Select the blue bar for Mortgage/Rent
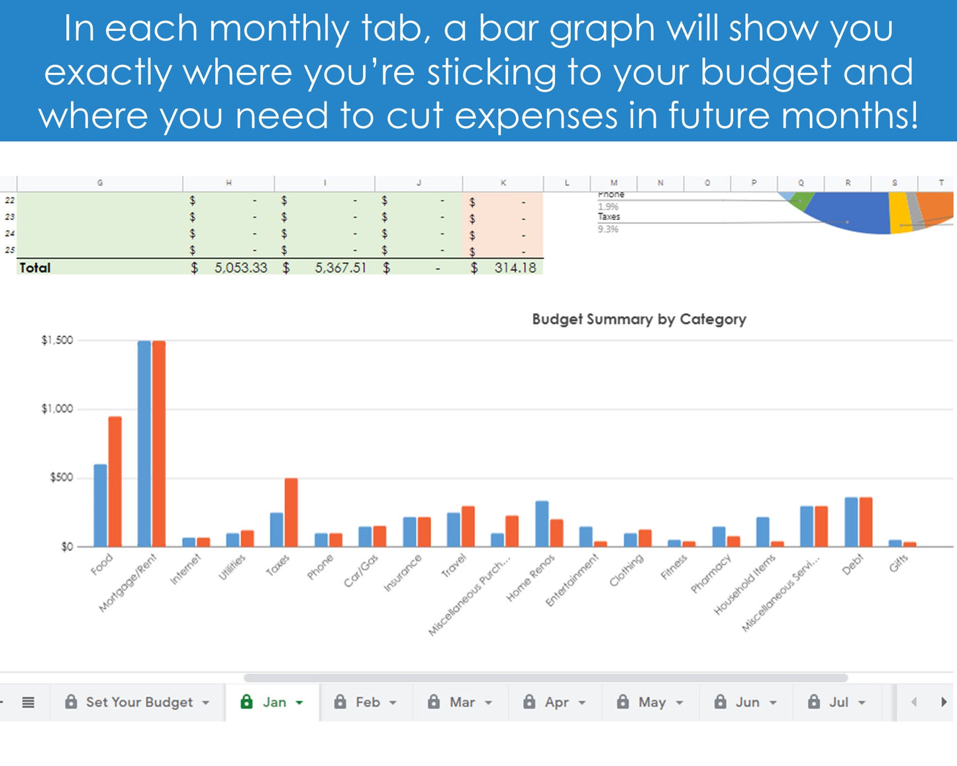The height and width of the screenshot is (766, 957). click(144, 444)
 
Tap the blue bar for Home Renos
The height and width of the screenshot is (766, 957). click(542, 524)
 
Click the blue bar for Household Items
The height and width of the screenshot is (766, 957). click(762, 532)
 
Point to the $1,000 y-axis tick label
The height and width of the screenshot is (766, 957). click(57, 409)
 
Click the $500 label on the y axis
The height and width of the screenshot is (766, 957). click(61, 478)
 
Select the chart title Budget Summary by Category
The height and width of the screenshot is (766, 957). click(638, 319)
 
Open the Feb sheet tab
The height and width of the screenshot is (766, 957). click(368, 702)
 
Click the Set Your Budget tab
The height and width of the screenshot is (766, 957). click(139, 702)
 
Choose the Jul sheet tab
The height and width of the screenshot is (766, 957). click(838, 702)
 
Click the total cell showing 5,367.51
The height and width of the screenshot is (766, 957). click(340, 268)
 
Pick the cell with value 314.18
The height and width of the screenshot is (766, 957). click(515, 268)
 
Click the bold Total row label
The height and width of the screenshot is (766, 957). click(35, 268)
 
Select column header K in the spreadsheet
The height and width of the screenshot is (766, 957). click(503, 183)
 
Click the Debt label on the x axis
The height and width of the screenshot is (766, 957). click(852, 564)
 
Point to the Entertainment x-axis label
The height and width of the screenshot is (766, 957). click(572, 580)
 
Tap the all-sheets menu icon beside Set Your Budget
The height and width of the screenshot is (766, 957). click(28, 702)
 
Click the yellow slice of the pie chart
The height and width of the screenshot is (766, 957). click(899, 212)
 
